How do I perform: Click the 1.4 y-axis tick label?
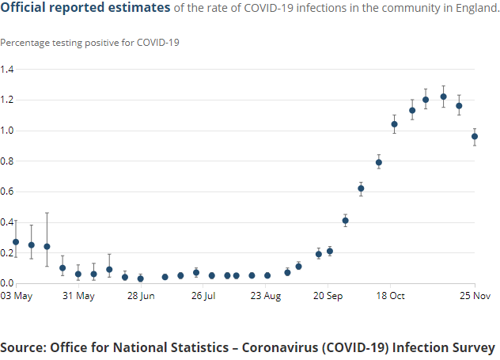point(7,70)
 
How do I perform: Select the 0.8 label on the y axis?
point(7,161)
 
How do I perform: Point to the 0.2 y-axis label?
point(7,253)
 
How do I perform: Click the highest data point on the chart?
point(443,97)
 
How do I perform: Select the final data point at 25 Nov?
point(475,136)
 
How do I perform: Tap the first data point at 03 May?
point(16,242)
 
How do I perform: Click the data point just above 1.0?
point(395,124)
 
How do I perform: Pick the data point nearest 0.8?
point(379,162)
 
